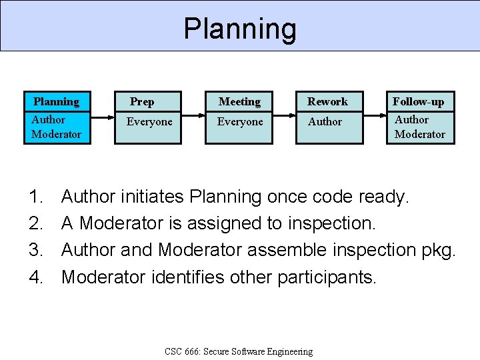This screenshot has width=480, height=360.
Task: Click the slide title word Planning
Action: [240, 29]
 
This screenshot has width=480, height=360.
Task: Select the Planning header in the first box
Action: [56, 102]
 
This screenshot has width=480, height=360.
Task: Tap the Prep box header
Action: [142, 102]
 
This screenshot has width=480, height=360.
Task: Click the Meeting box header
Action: [239, 102]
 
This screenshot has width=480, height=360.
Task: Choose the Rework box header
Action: [327, 102]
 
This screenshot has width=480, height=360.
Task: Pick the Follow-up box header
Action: [418, 102]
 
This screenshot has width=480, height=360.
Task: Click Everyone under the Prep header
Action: [149, 122]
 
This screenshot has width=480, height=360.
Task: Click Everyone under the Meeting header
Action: [240, 122]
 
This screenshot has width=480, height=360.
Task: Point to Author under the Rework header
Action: [325, 122]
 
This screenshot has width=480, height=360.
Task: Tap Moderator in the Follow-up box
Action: [420, 135]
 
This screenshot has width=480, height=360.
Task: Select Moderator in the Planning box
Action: [56, 135]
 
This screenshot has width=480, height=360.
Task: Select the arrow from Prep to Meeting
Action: [193, 117]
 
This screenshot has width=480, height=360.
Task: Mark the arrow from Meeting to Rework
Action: [285, 117]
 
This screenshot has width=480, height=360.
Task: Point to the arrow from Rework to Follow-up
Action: [375, 117]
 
